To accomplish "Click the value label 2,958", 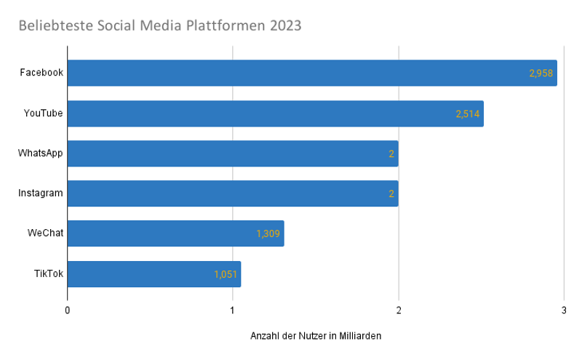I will [x=541, y=73].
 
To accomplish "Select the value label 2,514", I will [x=468, y=113].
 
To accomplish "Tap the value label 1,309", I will [x=268, y=234].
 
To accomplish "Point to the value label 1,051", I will [x=226, y=274].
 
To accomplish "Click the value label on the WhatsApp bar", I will [x=391, y=153].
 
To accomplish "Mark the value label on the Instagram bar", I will [x=391, y=194].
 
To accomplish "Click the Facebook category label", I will [x=41, y=73].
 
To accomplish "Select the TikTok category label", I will [x=48, y=274].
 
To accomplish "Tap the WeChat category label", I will [x=45, y=233].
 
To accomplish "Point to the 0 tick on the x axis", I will [x=68, y=311].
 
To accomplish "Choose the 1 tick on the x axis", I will [x=233, y=311].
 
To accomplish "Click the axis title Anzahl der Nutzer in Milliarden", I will [x=316, y=336].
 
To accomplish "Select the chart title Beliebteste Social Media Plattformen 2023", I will [x=160, y=25].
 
